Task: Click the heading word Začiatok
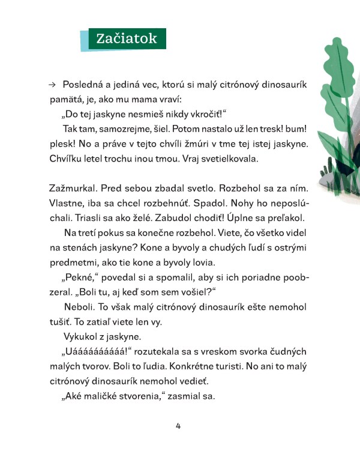coord(127,39)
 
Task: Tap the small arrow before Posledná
coord(52,85)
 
